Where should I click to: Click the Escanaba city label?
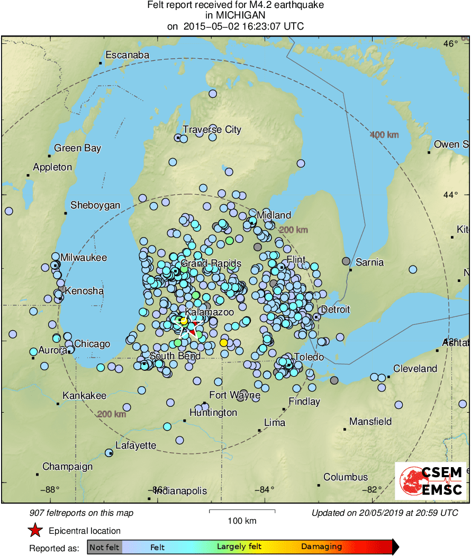[127, 55]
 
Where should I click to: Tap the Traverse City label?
[212, 130]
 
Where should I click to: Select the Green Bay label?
[77, 148]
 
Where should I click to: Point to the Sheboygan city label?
[95, 205]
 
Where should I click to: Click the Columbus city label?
[346, 477]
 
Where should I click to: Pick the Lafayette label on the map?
[135, 445]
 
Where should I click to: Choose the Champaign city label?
[67, 467]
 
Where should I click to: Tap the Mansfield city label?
[370, 422]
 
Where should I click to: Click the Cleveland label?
[415, 369]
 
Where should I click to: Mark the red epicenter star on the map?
[195, 323]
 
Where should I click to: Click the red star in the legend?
[35, 531]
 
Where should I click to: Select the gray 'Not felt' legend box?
[104, 547]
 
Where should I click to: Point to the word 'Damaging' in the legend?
[322, 547]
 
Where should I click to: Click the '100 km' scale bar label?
[242, 521]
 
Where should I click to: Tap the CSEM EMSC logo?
[430, 481]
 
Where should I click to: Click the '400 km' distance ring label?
[384, 135]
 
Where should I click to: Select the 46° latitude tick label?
[450, 44]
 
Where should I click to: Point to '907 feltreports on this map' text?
[82, 513]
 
